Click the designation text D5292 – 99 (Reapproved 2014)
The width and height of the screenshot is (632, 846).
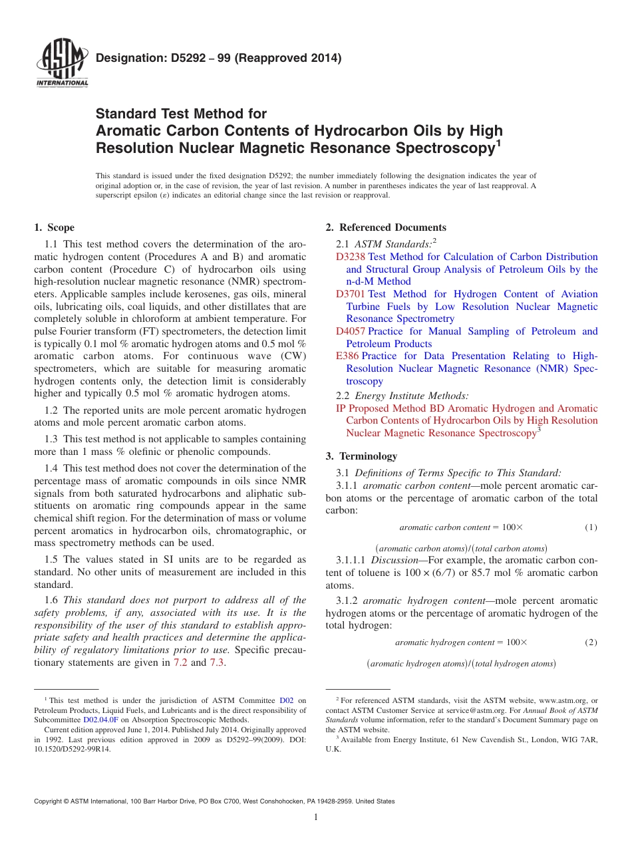coord(219,59)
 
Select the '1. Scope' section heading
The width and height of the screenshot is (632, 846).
coord(55,227)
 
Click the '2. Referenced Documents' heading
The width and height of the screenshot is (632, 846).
coord(386,227)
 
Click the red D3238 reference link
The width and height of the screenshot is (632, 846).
coord(351,257)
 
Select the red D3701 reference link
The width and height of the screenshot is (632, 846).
coord(351,294)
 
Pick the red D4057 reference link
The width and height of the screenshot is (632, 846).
coord(351,331)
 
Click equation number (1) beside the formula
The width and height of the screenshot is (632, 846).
coord(591,527)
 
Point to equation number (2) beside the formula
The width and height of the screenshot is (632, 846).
coord(591,642)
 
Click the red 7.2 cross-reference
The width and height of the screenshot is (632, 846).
coord(180,662)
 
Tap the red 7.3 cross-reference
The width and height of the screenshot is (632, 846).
coord(217,662)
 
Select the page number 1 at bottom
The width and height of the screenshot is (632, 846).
coord(316,817)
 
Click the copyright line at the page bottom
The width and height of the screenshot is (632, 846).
coord(214,801)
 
